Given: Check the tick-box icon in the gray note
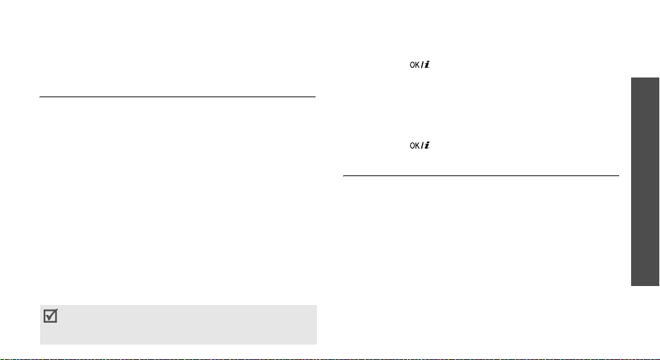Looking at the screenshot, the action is point(51,317).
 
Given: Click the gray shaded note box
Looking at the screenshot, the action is point(178,324).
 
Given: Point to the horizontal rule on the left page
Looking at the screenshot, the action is point(178,98).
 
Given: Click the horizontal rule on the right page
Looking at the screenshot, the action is point(480,176).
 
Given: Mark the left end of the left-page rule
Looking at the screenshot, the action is point(40,98).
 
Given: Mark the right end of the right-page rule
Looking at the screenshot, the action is point(618,176).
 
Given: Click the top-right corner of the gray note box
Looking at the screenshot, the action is point(316,305).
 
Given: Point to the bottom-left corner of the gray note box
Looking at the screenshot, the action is point(40,344).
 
